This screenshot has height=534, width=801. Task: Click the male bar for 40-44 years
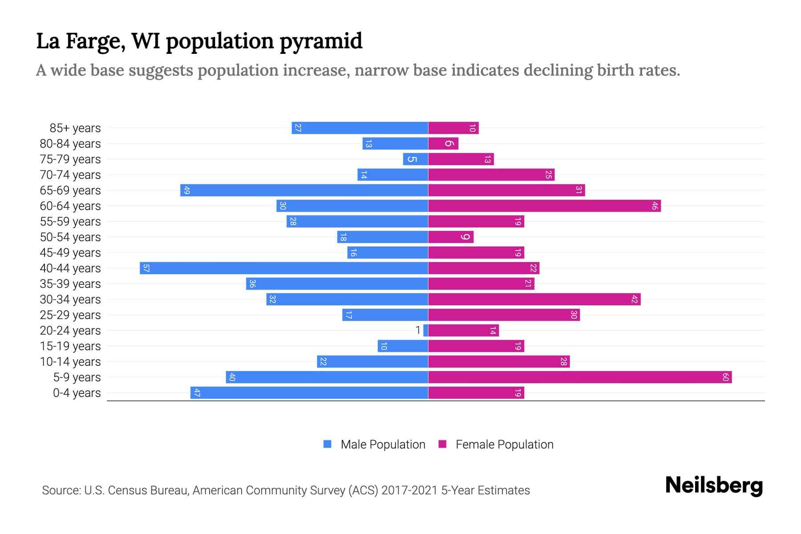[x=284, y=268]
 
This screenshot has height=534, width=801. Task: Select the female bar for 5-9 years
[x=580, y=377]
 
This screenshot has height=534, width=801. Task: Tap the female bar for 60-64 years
[x=544, y=206]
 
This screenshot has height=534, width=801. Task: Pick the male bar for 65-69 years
[x=304, y=190]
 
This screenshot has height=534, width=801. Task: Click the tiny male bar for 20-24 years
[x=426, y=330]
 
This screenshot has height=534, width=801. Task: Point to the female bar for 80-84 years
[x=443, y=143]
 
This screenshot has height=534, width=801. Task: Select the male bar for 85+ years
[x=360, y=128]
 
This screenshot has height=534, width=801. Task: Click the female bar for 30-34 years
[x=534, y=299]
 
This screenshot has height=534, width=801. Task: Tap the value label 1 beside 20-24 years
[x=417, y=330]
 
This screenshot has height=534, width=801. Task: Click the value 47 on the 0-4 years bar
[x=197, y=393]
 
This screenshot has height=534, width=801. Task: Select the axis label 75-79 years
[x=70, y=159]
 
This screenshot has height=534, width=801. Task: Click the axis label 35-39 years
[x=70, y=284]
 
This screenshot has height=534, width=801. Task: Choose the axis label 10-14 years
[x=70, y=362]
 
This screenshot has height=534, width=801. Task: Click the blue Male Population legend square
[x=328, y=444]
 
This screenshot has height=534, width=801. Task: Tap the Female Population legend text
[x=504, y=445]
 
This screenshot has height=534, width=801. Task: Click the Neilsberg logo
[x=714, y=485]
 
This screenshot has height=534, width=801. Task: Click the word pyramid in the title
[x=321, y=41]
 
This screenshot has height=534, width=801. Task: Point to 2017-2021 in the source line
[x=409, y=490]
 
